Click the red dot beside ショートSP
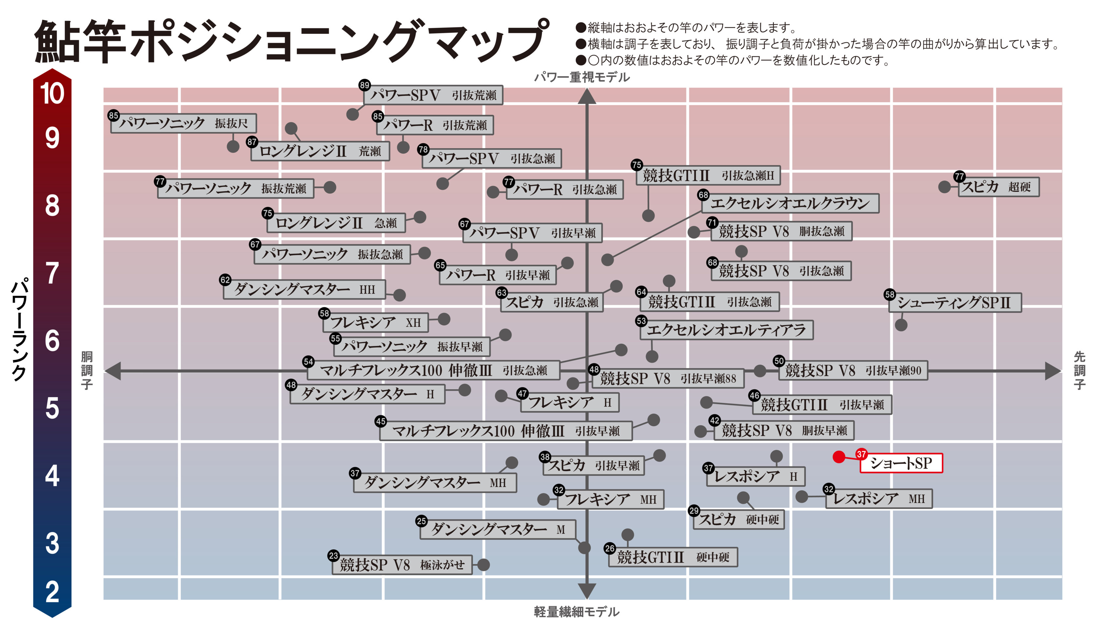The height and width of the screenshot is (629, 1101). point(839,457)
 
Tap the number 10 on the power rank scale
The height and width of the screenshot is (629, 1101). point(52,93)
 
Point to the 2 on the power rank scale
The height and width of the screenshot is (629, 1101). point(52,592)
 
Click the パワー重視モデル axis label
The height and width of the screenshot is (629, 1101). point(582,77)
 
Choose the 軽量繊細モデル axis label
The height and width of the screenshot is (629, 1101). point(576,612)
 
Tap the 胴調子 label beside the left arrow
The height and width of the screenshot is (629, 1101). point(87,370)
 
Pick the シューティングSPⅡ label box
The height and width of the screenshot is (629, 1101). point(955,302)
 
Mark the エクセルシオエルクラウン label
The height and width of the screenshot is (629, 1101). point(790,203)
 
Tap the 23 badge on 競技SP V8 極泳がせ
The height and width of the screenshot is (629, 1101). point(334,556)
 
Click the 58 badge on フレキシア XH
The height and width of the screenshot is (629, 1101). point(324,313)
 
